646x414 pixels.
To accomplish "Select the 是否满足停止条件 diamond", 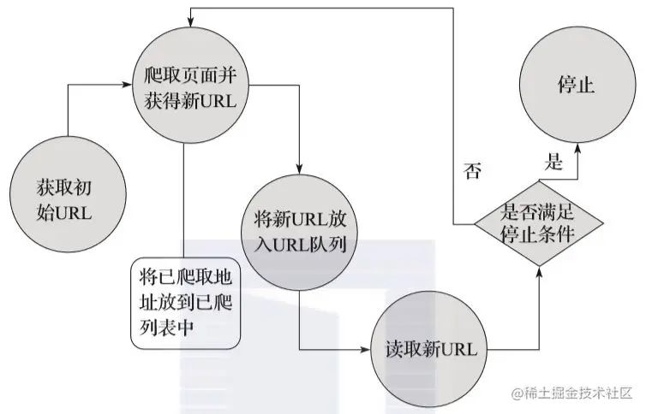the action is pos(537,223).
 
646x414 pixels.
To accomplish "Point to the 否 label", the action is pos(472,170).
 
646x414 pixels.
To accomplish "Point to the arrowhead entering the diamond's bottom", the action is pos(539,271).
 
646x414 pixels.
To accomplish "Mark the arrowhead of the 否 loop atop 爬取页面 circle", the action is pos(190,11).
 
